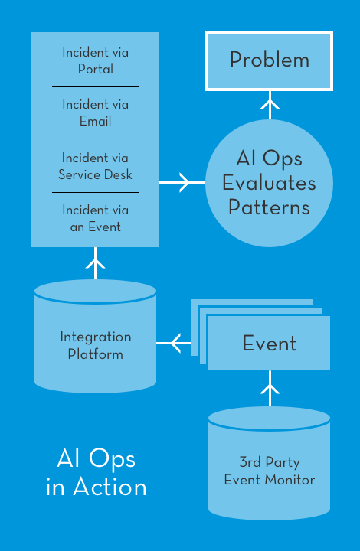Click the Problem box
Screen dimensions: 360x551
[x=269, y=60]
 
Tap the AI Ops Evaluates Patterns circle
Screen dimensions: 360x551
[x=269, y=183]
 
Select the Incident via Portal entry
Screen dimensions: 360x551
[x=95, y=60]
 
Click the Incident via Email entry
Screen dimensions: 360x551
[x=95, y=112]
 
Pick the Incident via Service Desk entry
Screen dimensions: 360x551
[x=95, y=166]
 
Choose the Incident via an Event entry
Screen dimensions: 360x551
[x=95, y=218]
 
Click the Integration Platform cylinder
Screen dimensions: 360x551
[x=95, y=336]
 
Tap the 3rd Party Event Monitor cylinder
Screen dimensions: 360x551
[x=269, y=463]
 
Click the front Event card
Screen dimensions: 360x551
[x=269, y=343]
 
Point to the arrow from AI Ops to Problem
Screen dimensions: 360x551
[x=270, y=105]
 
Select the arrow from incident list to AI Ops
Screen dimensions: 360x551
[x=182, y=182]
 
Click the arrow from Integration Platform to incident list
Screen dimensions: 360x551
[x=95, y=263]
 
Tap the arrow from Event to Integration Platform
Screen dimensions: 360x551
[x=174, y=343]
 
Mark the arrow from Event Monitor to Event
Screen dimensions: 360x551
[x=270, y=388]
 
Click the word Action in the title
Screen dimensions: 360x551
[x=110, y=487]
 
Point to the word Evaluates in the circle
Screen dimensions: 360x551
[x=269, y=183]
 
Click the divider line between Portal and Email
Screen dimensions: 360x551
[x=95, y=86]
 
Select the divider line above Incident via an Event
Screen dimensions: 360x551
[x=95, y=192]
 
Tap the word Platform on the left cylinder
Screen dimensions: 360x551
[x=95, y=354]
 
